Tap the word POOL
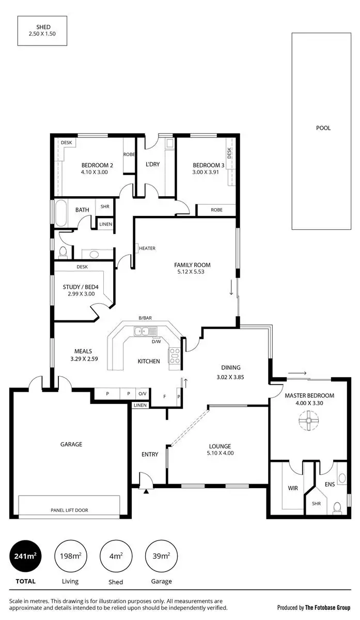(323, 128)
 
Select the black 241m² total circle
(25, 556)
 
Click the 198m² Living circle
(70, 556)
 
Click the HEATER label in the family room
(147, 249)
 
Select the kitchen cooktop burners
(175, 357)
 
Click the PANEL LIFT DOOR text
(69, 510)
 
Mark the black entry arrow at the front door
(146, 491)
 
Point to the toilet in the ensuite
(337, 507)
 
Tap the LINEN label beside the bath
(105, 224)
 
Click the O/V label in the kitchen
(143, 394)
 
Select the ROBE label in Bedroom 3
(217, 210)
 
